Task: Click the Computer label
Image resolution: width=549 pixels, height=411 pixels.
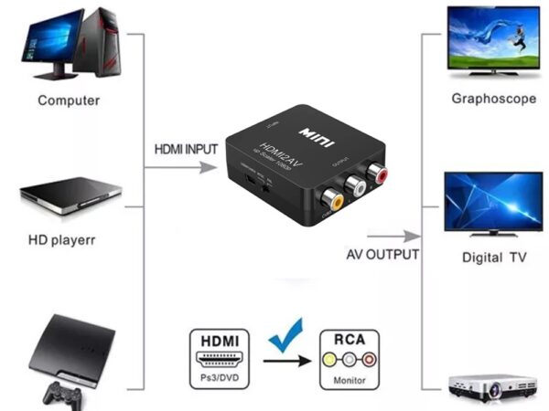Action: [68, 100]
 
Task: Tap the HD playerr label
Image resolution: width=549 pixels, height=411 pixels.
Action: [62, 241]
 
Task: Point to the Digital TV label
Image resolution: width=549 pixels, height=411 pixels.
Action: [493, 258]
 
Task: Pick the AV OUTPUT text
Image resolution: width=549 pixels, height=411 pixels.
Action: [382, 254]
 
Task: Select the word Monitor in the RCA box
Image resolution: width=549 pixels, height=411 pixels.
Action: [348, 379]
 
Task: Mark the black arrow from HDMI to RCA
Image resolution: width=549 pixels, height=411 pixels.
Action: [285, 361]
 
